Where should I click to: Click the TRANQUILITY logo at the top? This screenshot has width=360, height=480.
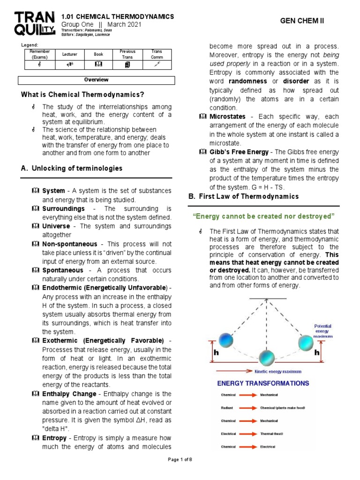click(x=33, y=23)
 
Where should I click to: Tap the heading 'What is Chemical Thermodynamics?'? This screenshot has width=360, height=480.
click(x=82, y=95)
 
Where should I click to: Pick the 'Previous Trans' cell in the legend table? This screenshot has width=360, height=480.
click(x=127, y=54)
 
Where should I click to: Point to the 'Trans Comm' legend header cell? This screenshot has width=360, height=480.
click(x=157, y=54)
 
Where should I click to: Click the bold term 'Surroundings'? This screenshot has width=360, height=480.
click(x=63, y=208)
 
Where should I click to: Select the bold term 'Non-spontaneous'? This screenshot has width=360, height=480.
click(x=70, y=244)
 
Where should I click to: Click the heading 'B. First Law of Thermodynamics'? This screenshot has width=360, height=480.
click(x=243, y=196)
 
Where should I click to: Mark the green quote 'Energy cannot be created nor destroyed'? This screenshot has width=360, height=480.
click(x=263, y=216)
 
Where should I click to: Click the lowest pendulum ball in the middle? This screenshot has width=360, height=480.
click(x=267, y=358)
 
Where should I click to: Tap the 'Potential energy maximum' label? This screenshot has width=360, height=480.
click(x=323, y=331)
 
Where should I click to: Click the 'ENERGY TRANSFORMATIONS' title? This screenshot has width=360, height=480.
click(x=262, y=383)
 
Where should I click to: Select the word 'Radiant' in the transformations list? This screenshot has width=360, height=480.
click(x=227, y=408)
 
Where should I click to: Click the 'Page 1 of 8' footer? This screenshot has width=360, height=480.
click(x=180, y=459)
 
